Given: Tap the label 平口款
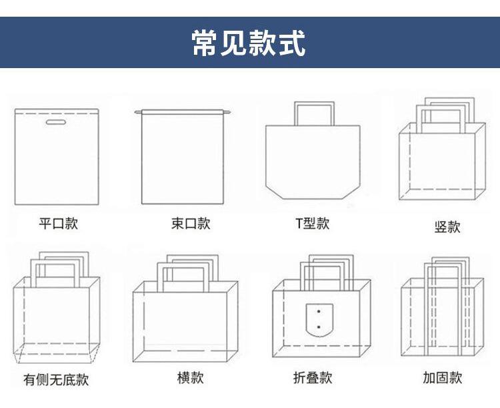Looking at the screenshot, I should tap(58, 223).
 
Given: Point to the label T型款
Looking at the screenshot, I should tap(313, 223).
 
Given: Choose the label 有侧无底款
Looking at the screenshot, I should tap(56, 380).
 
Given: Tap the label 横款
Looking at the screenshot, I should tap(190, 377).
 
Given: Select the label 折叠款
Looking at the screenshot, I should tap(313, 378).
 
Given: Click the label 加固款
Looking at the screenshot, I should tap(442, 378).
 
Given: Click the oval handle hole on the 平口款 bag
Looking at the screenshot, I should tap(55, 123).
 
